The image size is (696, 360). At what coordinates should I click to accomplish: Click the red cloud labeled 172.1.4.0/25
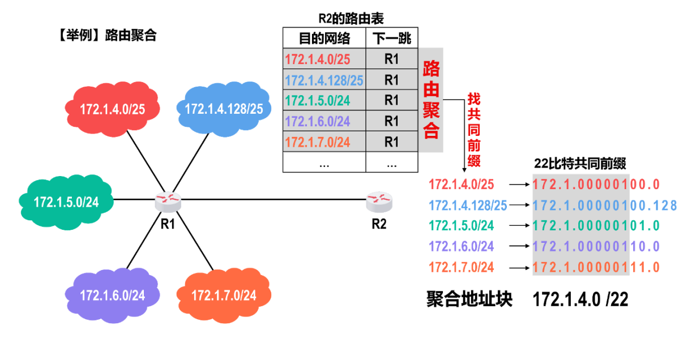(x=112, y=109)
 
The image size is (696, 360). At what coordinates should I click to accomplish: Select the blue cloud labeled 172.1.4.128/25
(x=223, y=109)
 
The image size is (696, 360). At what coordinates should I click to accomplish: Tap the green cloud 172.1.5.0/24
(x=66, y=202)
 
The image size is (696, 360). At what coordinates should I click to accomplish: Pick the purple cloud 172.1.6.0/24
(x=112, y=294)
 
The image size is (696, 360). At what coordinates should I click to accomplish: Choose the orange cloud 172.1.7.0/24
(x=223, y=294)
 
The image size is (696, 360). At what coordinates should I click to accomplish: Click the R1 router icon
(x=168, y=200)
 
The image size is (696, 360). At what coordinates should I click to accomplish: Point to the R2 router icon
(x=379, y=200)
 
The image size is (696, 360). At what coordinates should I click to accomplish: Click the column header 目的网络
(x=324, y=38)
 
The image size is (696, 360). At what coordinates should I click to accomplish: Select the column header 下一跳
(x=391, y=38)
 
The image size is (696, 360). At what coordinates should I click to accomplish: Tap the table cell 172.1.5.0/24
(x=318, y=100)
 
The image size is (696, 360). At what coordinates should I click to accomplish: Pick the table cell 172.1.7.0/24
(x=318, y=142)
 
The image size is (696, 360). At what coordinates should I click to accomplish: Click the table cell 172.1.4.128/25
(x=324, y=80)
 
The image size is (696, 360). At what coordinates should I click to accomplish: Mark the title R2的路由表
(x=351, y=19)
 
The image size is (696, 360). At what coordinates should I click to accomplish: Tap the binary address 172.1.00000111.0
(x=596, y=267)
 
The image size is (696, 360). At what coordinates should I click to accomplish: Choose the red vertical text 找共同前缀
(x=473, y=130)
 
